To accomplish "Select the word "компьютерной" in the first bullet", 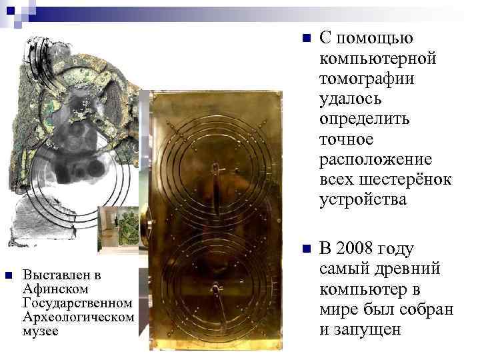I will pyautogui.click(x=378, y=59).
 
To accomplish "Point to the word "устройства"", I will pyautogui.click(x=362, y=199).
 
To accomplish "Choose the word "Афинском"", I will pyautogui.click(x=51, y=289).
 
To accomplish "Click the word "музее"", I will pyautogui.click(x=41, y=331).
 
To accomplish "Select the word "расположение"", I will pyautogui.click(x=376, y=159).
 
